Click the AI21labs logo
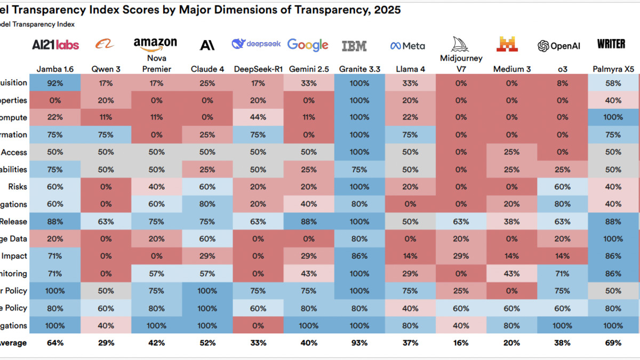(x=55, y=45)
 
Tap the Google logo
(x=308, y=45)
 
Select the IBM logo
(x=354, y=46)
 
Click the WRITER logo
(x=611, y=44)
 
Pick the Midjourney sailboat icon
(x=460, y=44)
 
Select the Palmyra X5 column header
(x=613, y=69)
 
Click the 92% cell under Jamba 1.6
(x=55, y=83)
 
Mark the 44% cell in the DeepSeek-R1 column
(x=258, y=117)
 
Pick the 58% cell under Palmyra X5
(x=613, y=83)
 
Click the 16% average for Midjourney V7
(x=461, y=343)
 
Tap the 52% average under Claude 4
(x=207, y=343)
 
